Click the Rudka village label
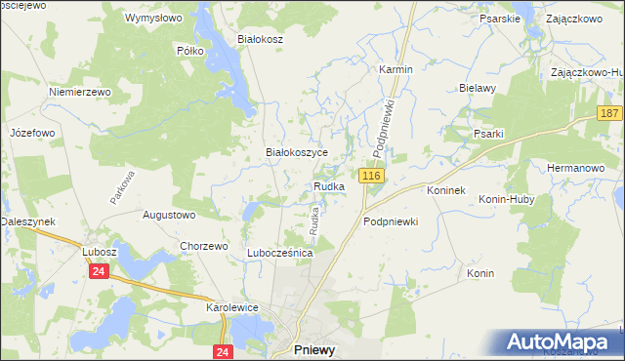tap(329, 186)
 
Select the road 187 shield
tap(611, 114)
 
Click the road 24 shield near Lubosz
tap(99, 272)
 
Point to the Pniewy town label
tap(317, 349)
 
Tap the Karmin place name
tap(396, 70)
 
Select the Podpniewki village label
tap(391, 221)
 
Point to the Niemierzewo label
tap(81, 92)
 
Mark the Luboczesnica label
tap(279, 252)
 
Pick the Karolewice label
tap(231, 306)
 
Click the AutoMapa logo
tap(561, 342)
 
